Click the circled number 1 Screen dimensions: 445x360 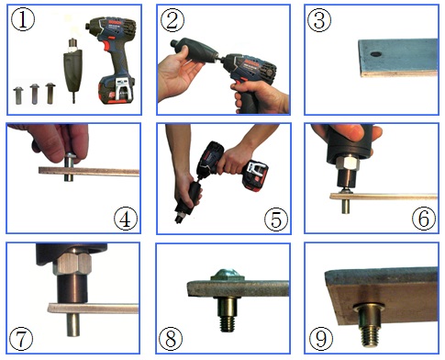[x=23, y=19]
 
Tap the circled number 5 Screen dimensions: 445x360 [x=276, y=219]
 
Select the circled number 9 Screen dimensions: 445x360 [x=320, y=338]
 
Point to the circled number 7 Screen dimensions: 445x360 [x=21, y=339]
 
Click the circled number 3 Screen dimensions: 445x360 [x=319, y=19]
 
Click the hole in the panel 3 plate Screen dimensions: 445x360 [x=375, y=54]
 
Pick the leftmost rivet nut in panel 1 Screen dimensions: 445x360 [x=18, y=96]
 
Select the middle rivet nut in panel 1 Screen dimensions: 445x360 [x=35, y=95]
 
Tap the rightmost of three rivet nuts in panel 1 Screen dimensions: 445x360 [x=50, y=94]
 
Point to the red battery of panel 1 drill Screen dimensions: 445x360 [x=117, y=89]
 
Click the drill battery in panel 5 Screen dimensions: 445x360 [x=255, y=175]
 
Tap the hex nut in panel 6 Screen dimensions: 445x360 [x=347, y=163]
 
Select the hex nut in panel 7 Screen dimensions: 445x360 [x=72, y=264]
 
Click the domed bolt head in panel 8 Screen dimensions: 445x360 [x=227, y=274]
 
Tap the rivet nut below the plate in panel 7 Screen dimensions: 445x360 [x=73, y=324]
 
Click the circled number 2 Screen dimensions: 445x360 [x=172, y=19]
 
